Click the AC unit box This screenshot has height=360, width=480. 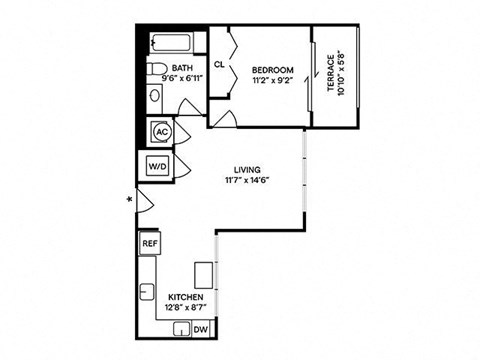pos(159,132)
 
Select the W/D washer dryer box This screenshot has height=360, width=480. pos(158,165)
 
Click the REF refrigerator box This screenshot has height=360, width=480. pos(149,243)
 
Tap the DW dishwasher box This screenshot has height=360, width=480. pos(200,329)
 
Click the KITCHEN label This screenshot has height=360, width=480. pos(186,297)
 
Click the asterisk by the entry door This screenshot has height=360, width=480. pos(128,200)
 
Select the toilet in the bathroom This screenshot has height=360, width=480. pos(155,69)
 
